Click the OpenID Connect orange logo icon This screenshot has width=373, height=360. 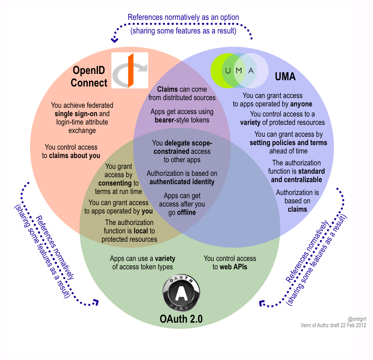click(130, 70)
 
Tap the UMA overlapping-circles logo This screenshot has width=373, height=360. click(239, 70)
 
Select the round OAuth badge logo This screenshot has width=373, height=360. click(181, 293)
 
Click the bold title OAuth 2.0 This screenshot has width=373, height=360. click(181, 319)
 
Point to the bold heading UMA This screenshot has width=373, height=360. click(285, 76)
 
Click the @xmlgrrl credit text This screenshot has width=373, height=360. click(357, 319)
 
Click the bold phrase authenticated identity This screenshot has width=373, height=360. click(182, 182)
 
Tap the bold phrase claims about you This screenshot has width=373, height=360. click(74, 156)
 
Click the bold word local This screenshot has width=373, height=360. click(141, 231)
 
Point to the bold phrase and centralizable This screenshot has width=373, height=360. click(296, 180)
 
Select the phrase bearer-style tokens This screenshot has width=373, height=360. click(182, 120)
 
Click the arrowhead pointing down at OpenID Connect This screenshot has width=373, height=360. click(114, 40)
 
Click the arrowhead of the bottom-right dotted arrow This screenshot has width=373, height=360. click(262, 303)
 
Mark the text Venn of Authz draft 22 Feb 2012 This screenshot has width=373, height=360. click(333, 325)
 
